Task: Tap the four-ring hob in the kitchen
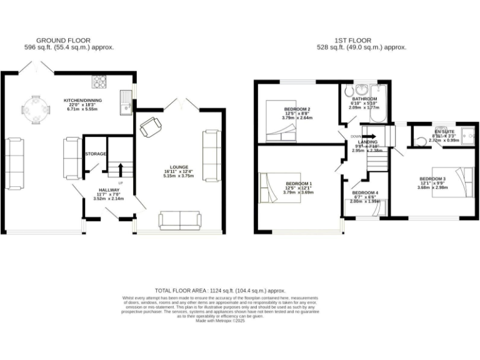(x=100, y=82)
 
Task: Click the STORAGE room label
(x=96, y=154)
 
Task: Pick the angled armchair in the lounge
(x=151, y=127)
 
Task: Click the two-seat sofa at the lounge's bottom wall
(x=180, y=219)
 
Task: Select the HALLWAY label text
(x=108, y=191)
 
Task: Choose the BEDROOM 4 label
(x=364, y=192)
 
